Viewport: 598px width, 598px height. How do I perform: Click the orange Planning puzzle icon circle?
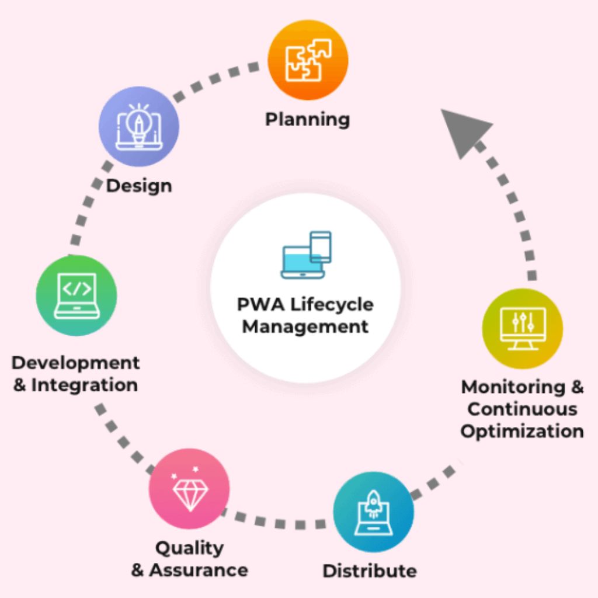(x=308, y=60)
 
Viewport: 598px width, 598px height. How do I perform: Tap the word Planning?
(x=308, y=120)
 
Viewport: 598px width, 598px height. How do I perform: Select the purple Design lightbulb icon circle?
(x=139, y=126)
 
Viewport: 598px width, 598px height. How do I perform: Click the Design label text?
(x=139, y=186)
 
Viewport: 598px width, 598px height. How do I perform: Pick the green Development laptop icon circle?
(x=77, y=295)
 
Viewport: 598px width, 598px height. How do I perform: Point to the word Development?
(x=76, y=363)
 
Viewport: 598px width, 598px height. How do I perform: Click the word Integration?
(x=85, y=385)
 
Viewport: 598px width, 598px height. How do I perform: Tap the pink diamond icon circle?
(x=189, y=488)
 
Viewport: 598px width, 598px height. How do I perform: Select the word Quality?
(x=190, y=548)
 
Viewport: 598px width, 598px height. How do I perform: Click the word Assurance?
(x=198, y=570)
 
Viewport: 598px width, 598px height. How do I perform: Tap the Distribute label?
(x=370, y=571)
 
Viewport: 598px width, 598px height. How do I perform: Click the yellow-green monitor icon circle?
(x=522, y=328)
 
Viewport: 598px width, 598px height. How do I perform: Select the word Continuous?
(x=522, y=409)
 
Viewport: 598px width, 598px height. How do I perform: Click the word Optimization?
(x=522, y=431)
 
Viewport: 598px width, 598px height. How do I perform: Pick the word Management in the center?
(x=305, y=326)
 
